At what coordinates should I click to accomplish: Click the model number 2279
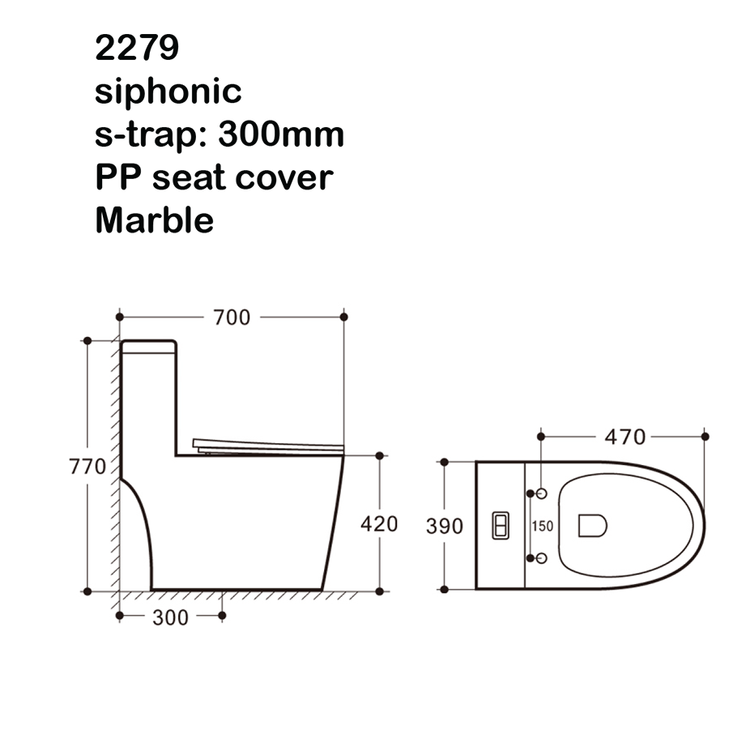(137, 48)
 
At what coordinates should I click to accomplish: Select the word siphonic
(168, 92)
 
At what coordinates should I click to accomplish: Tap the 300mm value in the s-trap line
(281, 134)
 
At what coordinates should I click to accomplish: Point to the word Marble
(155, 220)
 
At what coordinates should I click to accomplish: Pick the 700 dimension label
(232, 318)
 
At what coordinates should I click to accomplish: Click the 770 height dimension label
(87, 467)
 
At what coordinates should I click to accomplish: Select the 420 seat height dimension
(379, 524)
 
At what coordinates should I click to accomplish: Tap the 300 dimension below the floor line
(170, 618)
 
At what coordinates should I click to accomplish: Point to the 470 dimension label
(625, 437)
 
